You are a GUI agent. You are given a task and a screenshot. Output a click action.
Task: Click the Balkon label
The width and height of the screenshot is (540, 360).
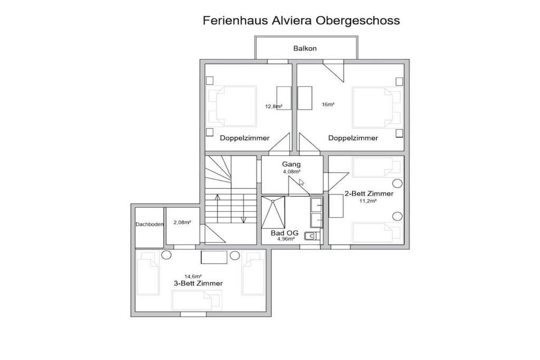coord(305,48)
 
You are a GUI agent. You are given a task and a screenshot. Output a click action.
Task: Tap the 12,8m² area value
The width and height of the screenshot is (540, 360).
coord(274,106)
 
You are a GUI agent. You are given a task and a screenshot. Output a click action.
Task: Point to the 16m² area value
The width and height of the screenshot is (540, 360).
coord(328,104)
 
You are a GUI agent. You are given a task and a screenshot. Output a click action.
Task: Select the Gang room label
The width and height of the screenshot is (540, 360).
coord(291,164)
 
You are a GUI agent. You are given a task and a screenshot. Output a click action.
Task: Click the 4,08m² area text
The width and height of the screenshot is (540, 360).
coord(291,171)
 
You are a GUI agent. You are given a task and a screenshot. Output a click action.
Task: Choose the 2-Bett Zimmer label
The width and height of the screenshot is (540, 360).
coord(369,194)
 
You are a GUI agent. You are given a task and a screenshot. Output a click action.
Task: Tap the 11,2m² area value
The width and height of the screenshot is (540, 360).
coord(368,201)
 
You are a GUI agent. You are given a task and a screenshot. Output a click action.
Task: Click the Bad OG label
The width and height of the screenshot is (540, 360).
coord(284,233)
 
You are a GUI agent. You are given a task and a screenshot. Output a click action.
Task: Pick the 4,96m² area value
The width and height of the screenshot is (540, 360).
coord(286,239)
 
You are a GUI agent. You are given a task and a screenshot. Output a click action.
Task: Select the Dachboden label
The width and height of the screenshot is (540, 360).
coord(149,225)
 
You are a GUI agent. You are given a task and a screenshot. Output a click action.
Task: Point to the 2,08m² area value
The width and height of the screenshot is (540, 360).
coord(182,222)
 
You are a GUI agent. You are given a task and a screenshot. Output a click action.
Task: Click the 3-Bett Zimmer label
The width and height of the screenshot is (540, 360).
coord(198,283)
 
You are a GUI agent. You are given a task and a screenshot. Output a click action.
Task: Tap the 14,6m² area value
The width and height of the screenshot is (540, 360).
coord(193,276)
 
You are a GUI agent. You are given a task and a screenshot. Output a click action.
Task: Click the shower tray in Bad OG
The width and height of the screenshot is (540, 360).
coord(273,212)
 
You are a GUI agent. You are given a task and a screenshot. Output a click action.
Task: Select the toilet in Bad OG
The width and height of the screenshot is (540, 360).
coord(312,236)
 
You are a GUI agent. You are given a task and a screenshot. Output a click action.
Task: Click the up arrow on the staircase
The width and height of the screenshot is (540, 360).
coord(217,208)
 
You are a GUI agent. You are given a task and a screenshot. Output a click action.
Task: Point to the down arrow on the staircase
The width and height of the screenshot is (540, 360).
coord(244,208)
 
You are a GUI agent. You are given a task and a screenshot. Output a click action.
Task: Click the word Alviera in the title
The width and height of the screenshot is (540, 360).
coord(292,21)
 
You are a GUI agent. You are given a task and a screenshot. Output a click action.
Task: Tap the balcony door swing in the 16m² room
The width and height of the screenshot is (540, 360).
coord(333,71)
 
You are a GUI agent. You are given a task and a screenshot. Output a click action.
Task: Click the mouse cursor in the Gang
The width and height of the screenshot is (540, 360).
coord(301,182)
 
